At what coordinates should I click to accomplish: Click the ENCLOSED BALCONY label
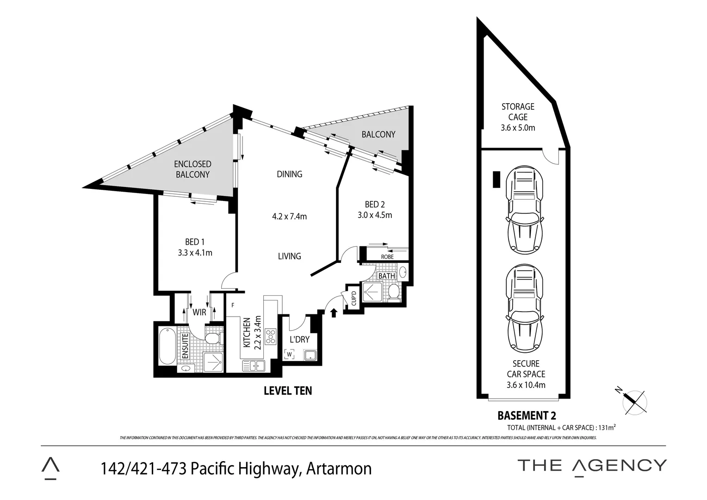pos(192,169)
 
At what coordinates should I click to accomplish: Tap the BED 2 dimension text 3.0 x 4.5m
pos(374,215)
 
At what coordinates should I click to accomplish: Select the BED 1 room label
pos(194,242)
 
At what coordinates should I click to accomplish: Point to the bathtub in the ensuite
pos(166,346)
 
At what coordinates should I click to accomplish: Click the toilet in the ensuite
pos(212,338)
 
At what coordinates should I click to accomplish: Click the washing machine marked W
pos(290,355)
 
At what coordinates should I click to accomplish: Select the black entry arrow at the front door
pos(334,313)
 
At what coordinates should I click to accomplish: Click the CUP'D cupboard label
pos(353,297)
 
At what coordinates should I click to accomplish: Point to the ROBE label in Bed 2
pos(387,256)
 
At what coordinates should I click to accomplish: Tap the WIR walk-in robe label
pos(199,312)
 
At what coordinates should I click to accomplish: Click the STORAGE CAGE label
pos(518,112)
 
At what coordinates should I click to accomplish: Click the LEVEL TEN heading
pos(287,391)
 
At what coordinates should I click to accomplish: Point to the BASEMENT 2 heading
pos(526,415)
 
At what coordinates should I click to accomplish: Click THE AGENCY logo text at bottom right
pos(592,465)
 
